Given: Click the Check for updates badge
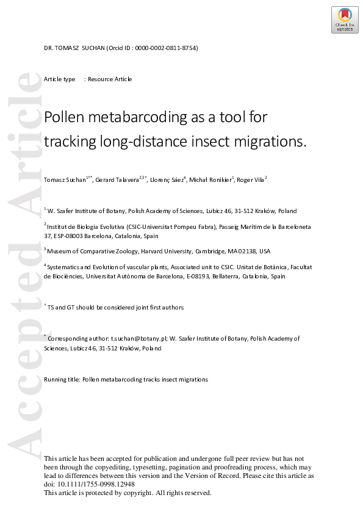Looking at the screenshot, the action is tap(345, 20).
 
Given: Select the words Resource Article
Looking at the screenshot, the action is tap(110, 79).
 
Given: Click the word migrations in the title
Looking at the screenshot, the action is tap(268, 141).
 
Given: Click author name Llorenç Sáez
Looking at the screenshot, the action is tap(166, 179).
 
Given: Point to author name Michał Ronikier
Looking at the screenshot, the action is tap(210, 179).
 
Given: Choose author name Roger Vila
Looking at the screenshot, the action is tap(250, 179).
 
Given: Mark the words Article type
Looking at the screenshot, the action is tap(60, 79).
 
